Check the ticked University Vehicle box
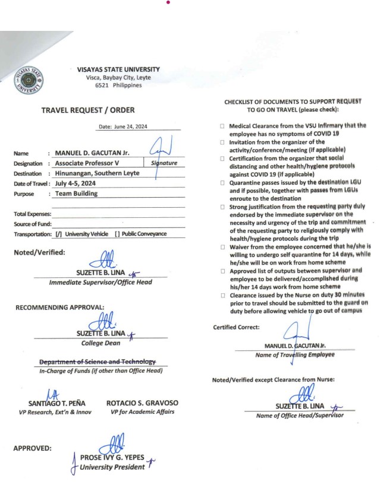(x=58, y=235)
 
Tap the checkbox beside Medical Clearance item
(x=221, y=126)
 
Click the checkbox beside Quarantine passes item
(x=221, y=180)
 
